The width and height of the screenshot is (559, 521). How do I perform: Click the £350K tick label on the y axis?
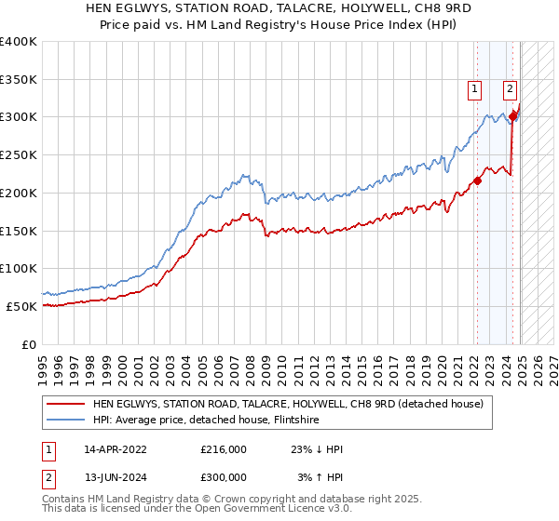[18, 79]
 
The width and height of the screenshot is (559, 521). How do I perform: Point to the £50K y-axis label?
[21, 306]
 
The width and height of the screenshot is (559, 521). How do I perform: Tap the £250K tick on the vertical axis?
[18, 155]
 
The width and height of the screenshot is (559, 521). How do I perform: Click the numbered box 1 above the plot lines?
[475, 89]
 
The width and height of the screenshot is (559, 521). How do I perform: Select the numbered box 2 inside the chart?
[511, 89]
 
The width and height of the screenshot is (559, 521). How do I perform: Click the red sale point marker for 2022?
[477, 180]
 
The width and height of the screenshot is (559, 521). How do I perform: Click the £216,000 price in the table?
[224, 448]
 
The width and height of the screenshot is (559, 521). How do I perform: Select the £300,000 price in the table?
[224, 477]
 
